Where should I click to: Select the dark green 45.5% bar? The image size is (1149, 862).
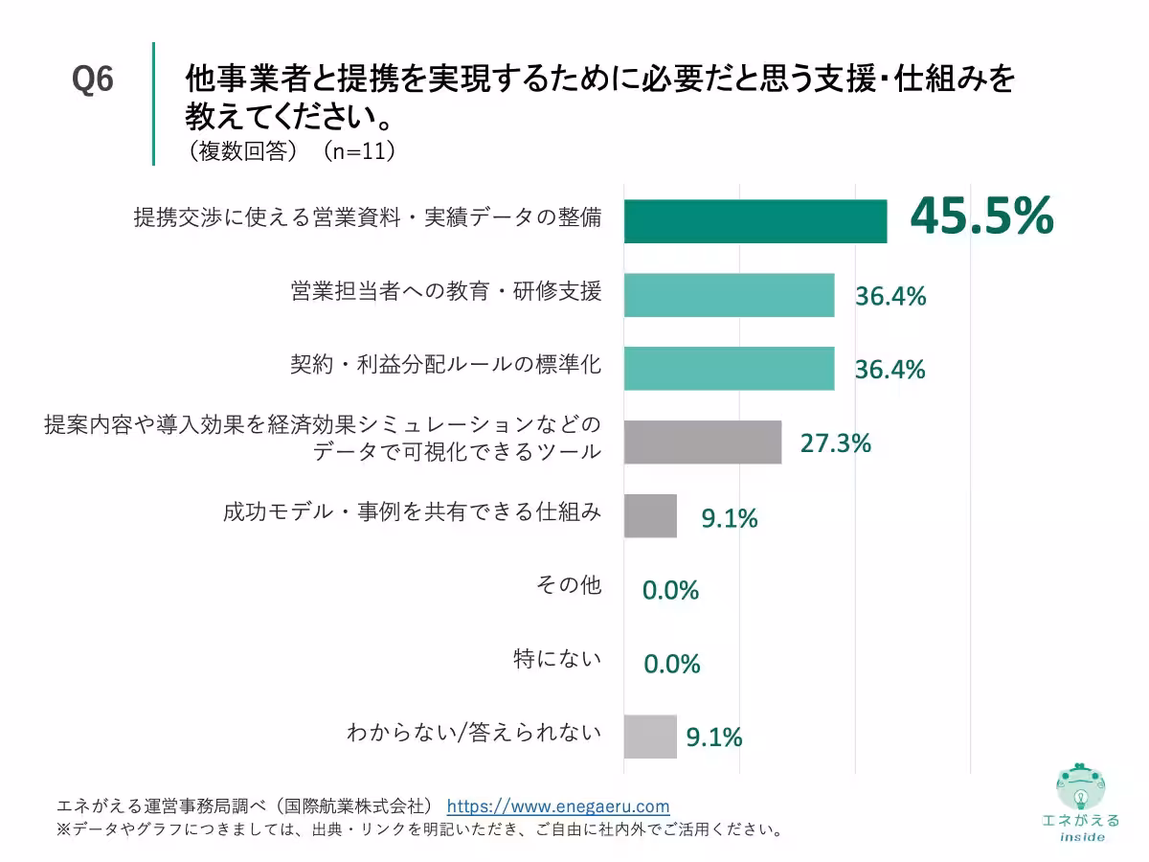coord(755,221)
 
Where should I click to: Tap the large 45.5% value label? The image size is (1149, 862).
coord(981,216)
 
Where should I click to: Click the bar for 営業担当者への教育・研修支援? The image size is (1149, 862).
coord(729,295)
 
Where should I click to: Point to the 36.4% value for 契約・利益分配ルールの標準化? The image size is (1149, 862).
coord(890,370)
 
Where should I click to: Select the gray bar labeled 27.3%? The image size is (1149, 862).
coord(703,442)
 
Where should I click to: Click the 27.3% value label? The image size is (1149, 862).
coord(835,443)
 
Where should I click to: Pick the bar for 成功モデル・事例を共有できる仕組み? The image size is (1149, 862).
coord(650,516)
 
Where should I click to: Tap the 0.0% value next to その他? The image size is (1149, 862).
coord(670,591)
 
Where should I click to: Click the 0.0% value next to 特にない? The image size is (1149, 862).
coord(671,664)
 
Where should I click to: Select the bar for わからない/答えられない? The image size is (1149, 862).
coord(650,737)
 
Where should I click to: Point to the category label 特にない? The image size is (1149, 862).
coord(557,659)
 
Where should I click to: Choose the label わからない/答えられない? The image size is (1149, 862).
coord(474,734)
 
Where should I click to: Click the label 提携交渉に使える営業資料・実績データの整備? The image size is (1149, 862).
coord(368,217)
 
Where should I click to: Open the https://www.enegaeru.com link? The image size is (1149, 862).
coord(558,806)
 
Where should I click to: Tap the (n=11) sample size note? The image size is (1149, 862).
coord(358,151)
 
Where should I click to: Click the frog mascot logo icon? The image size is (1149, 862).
coord(1080,785)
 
